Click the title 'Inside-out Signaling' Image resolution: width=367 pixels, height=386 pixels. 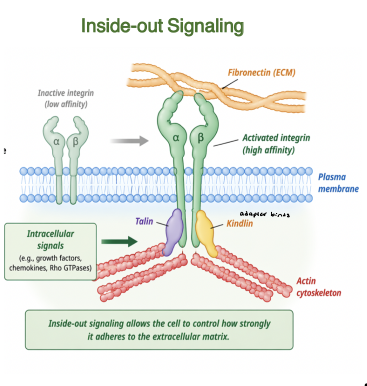point(162,25)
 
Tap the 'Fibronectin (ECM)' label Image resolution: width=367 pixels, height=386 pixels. point(261,72)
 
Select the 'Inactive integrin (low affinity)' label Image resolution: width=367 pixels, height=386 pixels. point(65,98)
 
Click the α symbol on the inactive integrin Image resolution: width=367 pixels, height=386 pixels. point(56,141)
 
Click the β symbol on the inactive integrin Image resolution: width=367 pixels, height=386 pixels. point(75,141)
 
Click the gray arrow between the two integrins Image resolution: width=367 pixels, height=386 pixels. point(129,141)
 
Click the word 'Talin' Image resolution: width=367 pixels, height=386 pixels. point(144,220)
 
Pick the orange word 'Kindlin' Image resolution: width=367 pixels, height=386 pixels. point(239,223)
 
